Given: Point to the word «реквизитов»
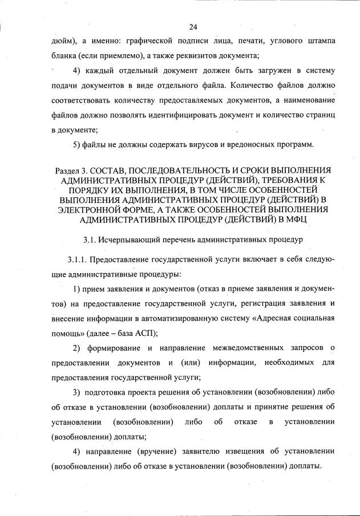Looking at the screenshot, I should coord(197,56).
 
